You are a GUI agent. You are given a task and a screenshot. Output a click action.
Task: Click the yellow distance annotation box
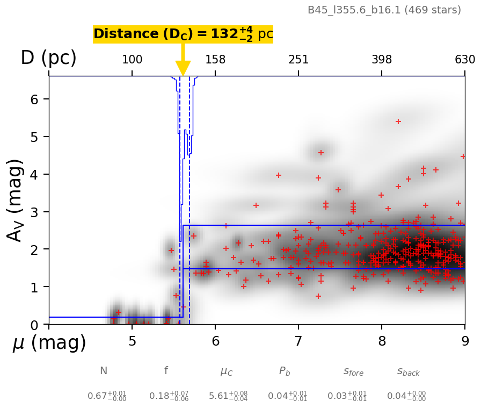pyautogui.click(x=183, y=34)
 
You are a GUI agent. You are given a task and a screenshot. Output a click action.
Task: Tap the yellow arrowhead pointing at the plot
pyautogui.click(x=183, y=69)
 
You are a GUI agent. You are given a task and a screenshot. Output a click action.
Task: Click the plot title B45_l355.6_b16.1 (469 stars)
pyautogui.click(x=384, y=10)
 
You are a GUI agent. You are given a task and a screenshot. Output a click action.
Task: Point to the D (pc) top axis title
pyautogui.click(x=48, y=58)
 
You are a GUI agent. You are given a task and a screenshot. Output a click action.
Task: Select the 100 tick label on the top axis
pyautogui.click(x=132, y=60)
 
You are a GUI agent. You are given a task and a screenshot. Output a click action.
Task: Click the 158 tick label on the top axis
pyautogui.click(x=215, y=60)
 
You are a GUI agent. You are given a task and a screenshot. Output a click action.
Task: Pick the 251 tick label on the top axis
pyautogui.click(x=298, y=60)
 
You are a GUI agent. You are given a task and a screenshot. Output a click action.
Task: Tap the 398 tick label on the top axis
pyautogui.click(x=382, y=60)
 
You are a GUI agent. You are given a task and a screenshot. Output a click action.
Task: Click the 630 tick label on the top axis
pyautogui.click(x=465, y=60)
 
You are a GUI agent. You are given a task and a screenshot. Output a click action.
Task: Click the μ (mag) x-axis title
pyautogui.click(x=49, y=343)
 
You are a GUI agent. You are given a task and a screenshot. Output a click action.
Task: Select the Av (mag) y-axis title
pyautogui.click(x=16, y=200)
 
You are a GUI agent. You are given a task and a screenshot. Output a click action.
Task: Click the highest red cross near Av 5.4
pyautogui.click(x=398, y=121)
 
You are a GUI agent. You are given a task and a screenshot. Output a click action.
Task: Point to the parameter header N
pyautogui.click(x=104, y=371)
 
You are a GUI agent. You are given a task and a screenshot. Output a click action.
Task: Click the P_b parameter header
pyautogui.click(x=285, y=371)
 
